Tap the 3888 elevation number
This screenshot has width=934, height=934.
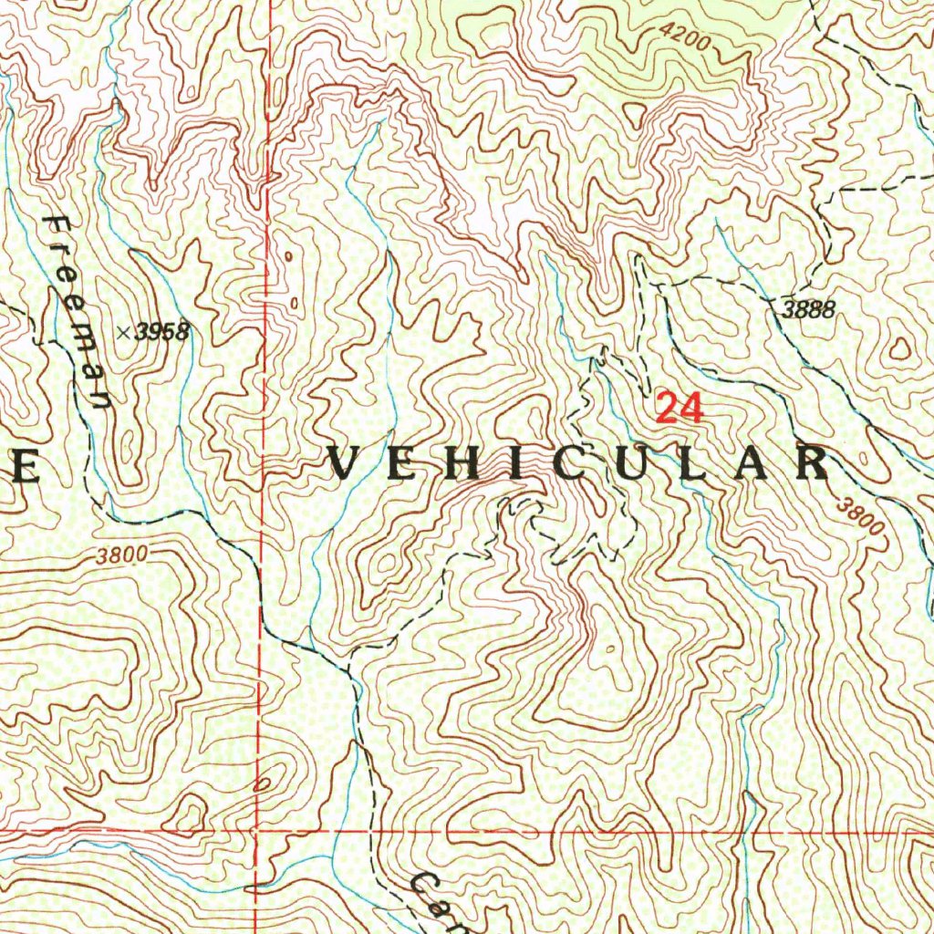[x=807, y=309]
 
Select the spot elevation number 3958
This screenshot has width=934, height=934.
[x=161, y=332]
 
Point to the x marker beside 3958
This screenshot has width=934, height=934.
[x=122, y=333]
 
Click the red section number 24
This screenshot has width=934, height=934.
[x=680, y=408]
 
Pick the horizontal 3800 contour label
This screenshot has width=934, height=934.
[x=119, y=555]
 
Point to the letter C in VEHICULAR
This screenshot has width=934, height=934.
[x=576, y=464]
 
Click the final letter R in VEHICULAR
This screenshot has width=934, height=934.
[x=811, y=464]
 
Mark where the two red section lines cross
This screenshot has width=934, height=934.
[x=257, y=832]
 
